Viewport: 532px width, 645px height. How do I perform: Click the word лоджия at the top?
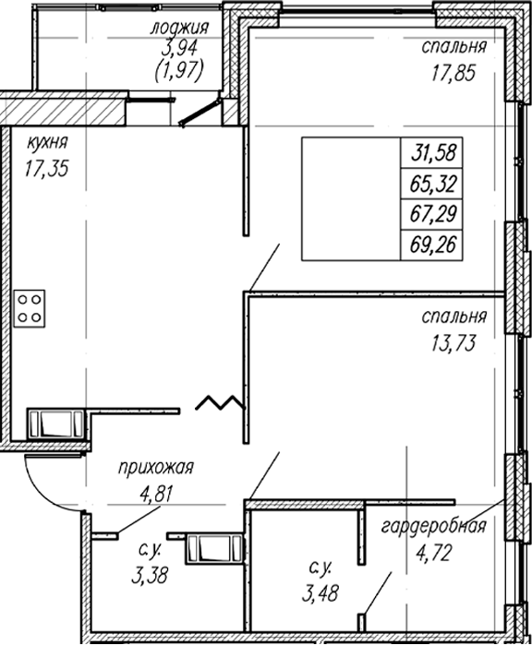coord(179,29)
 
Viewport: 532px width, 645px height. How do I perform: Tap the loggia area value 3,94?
coord(179,49)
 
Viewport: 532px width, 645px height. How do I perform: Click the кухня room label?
coord(47,144)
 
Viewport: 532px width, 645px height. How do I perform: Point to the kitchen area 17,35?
coord(46,169)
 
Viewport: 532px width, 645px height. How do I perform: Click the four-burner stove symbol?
coord(30,308)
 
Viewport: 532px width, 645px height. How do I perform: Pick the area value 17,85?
coord(453,73)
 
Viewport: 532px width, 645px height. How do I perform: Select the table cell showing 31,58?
coord(432,152)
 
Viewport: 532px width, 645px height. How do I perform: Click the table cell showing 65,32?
coord(432,184)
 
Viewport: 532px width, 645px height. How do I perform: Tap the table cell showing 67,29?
coord(432,215)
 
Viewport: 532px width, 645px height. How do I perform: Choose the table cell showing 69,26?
coord(432,245)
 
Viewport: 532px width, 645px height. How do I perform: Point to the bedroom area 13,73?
coord(453,342)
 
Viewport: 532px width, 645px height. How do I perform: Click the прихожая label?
coord(156,468)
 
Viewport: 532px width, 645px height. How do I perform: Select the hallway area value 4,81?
coord(155,494)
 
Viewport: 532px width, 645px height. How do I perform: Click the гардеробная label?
coord(434,527)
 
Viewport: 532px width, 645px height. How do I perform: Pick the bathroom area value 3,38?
coord(150,576)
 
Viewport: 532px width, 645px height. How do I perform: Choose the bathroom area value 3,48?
coord(320,593)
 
